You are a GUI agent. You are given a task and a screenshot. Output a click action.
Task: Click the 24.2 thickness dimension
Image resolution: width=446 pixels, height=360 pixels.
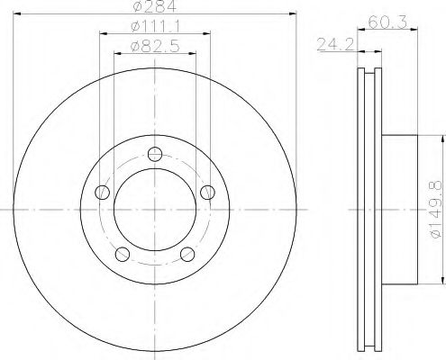(x=333, y=41)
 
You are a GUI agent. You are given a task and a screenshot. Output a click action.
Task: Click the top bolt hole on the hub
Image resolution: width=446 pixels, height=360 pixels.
(x=155, y=152)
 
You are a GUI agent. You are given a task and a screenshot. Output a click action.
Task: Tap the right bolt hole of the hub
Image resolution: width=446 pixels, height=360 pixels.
(x=208, y=191)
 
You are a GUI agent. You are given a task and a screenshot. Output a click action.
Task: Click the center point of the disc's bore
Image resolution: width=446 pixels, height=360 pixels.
(x=155, y=209)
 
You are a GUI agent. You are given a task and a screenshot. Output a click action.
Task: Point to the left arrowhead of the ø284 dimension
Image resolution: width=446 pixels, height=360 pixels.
(x=19, y=13)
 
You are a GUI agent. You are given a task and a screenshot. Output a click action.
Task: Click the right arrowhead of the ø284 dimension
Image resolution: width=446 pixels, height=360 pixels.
(x=293, y=13)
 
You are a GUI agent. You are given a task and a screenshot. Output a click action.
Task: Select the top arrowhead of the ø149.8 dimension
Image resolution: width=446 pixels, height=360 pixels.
(x=442, y=138)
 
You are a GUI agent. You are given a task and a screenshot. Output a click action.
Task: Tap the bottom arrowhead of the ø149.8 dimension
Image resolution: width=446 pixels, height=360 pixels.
(x=442, y=282)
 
